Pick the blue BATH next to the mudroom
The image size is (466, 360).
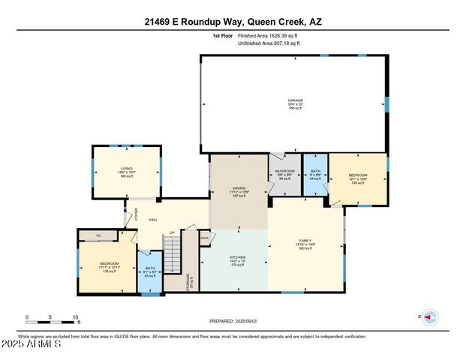pyautogui.click(x=315, y=175)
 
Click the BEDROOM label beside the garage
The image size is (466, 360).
pyautogui.click(x=357, y=178)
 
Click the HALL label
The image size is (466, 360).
pyautogui.click(x=153, y=219)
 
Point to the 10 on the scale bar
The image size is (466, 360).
pyautogui.click(x=75, y=316)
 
